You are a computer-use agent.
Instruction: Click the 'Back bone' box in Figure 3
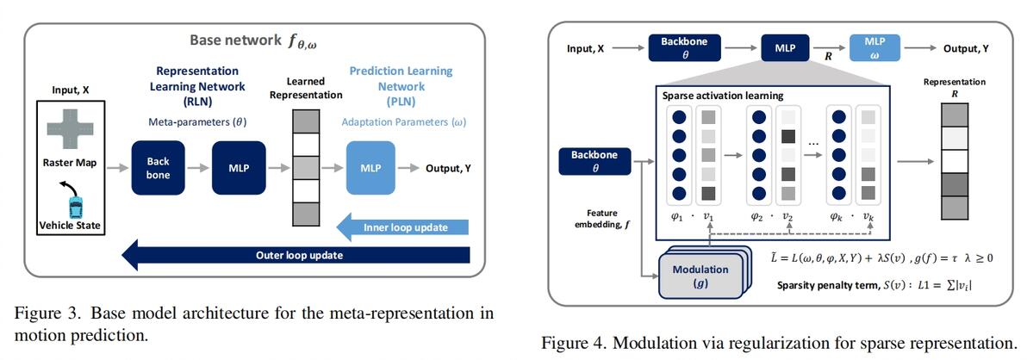point(158,168)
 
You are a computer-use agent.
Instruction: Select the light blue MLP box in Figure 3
point(370,168)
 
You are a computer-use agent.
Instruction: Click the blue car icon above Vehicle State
point(76,207)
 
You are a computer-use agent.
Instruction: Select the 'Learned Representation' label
point(305,88)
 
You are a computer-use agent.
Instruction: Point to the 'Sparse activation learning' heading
point(722,95)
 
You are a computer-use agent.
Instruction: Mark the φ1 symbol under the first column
point(675,216)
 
